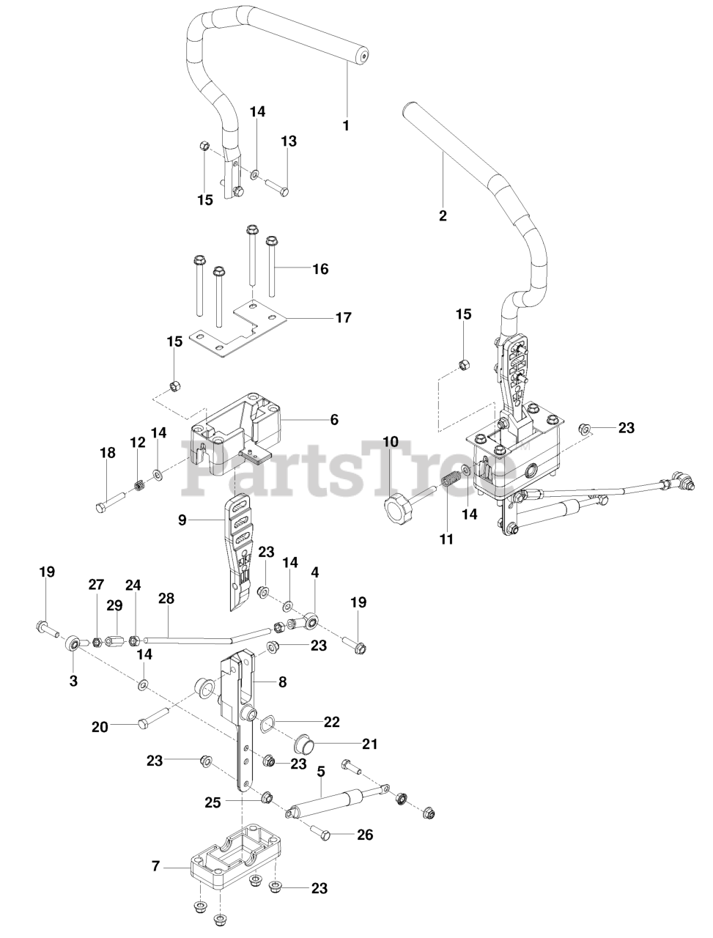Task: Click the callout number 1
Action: point(346,125)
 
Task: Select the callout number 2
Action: point(442,215)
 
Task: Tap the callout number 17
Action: point(343,318)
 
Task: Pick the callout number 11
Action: point(446,539)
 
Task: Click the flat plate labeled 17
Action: point(234,322)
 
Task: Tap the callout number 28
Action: point(167,599)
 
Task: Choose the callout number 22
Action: point(332,722)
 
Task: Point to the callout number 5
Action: point(321,771)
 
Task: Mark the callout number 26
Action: point(364,834)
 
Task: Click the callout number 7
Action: point(155,866)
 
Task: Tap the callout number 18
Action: point(108,454)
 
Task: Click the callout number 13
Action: point(289,141)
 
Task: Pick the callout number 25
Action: point(213,802)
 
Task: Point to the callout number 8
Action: point(282,682)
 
